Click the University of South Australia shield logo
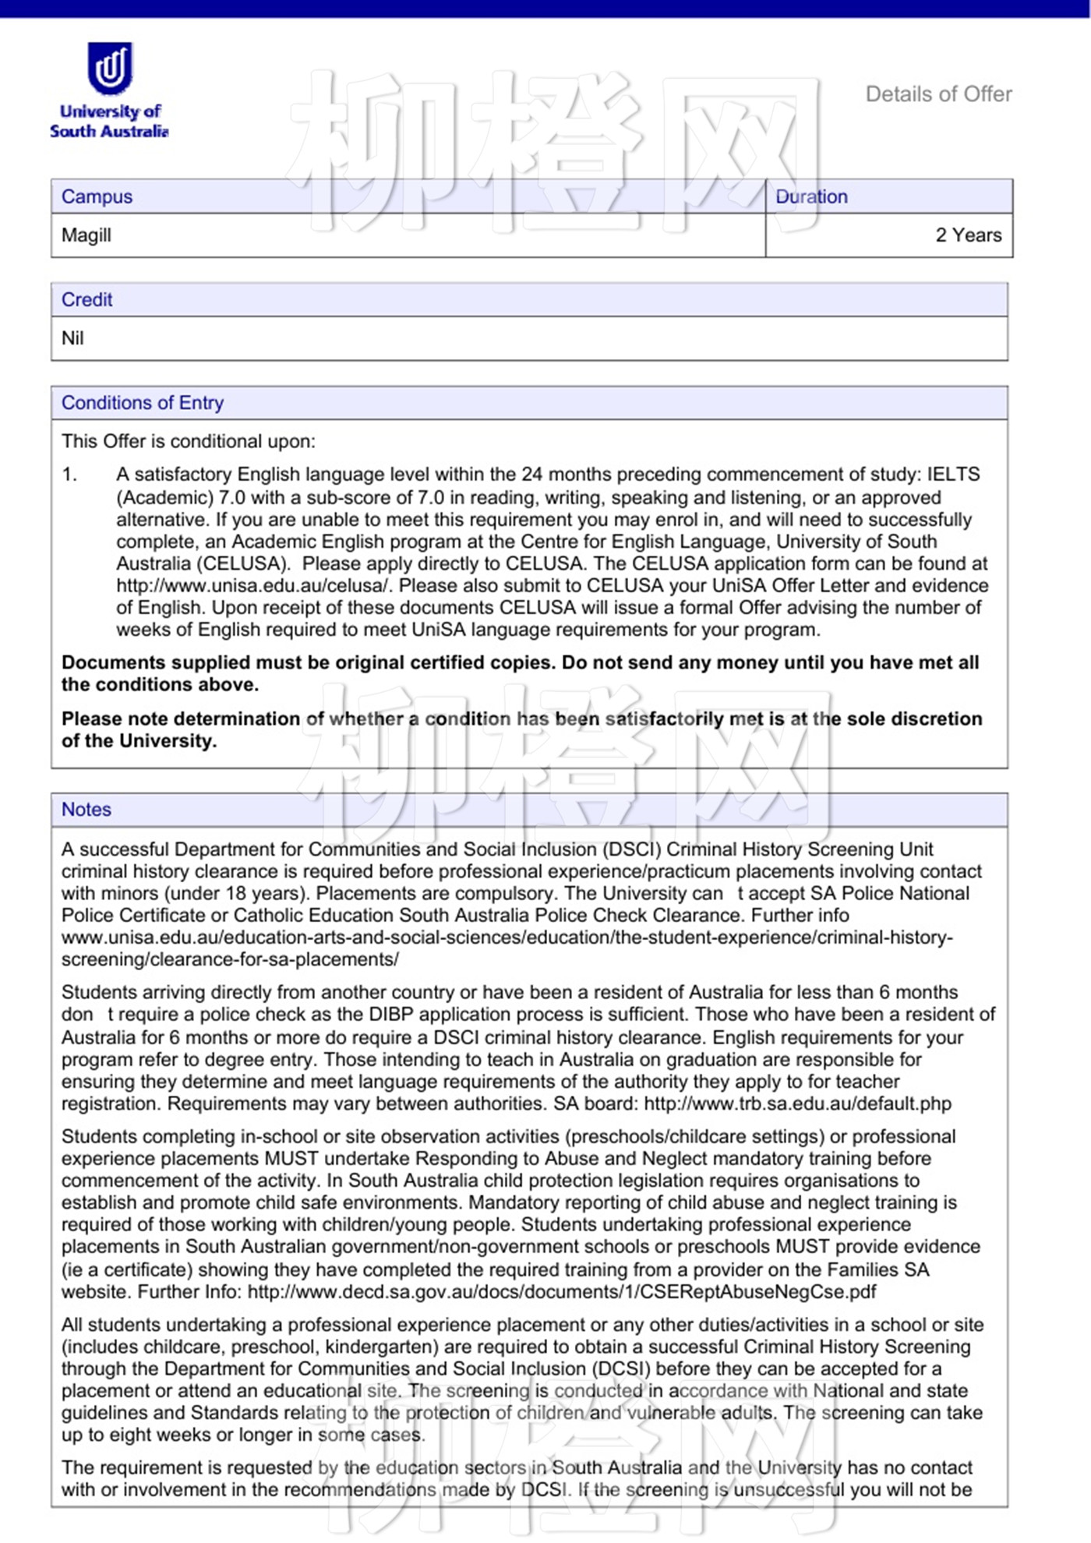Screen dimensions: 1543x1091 click(110, 67)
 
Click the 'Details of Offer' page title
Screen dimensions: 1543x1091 click(938, 94)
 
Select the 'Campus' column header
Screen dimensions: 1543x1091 click(97, 196)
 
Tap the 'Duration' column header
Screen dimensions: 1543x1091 click(811, 196)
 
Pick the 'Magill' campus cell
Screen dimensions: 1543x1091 click(87, 235)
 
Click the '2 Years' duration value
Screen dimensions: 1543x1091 click(968, 235)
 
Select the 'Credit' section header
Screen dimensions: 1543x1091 click(87, 299)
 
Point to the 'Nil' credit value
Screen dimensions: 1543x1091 click(72, 338)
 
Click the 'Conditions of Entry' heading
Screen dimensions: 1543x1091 click(143, 403)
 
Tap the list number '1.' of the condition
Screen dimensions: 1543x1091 click(70, 475)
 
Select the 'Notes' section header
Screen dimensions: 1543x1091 click(87, 810)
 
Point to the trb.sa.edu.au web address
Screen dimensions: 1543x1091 click(797, 1103)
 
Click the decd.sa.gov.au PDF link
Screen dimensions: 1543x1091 click(562, 1291)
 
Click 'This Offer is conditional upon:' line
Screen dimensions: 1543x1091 click(189, 441)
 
